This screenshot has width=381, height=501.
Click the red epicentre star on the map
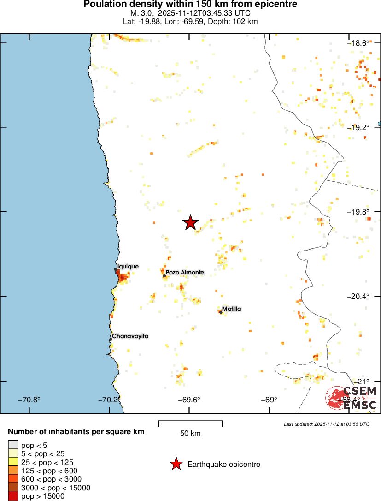tap(190, 222)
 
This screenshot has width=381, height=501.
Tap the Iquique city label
tap(128, 266)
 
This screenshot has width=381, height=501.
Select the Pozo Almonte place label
tap(184, 273)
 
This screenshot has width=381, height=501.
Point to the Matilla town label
tap(231, 309)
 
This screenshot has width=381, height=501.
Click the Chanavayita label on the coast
tap(130, 336)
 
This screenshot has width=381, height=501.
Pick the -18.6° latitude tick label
tap(359, 43)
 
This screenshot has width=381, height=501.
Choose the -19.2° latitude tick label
tap(359, 127)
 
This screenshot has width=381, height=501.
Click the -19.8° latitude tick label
tap(359, 212)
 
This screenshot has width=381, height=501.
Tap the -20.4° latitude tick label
tap(359, 296)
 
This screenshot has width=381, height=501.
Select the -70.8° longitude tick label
tap(29, 400)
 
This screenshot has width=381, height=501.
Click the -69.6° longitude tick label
tap(189, 400)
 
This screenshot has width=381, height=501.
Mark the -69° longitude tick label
tap(269, 400)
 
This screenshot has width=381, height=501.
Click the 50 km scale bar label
tap(190, 434)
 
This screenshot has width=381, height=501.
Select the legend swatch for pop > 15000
tap(13, 496)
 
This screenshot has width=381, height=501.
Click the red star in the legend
tap(176, 464)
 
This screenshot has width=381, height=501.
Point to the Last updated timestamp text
tap(327, 423)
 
